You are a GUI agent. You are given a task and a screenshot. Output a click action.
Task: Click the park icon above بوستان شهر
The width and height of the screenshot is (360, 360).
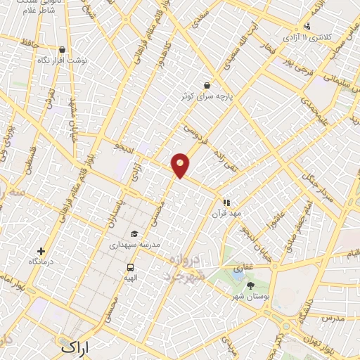coord(251,285)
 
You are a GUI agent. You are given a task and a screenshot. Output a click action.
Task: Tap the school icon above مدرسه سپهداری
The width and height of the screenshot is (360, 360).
coord(134,235)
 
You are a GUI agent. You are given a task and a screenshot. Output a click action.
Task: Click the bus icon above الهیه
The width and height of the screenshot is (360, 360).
coord(130,267)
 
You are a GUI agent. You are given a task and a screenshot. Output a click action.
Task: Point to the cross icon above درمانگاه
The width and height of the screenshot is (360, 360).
coord(41,251)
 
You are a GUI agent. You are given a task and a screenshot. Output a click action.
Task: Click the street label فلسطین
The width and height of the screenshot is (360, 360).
coord(30,160)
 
